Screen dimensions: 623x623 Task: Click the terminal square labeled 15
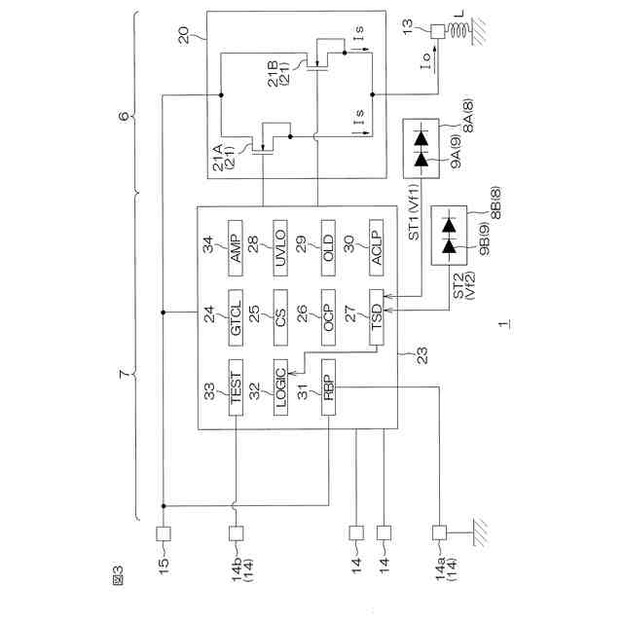pos(164,533)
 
